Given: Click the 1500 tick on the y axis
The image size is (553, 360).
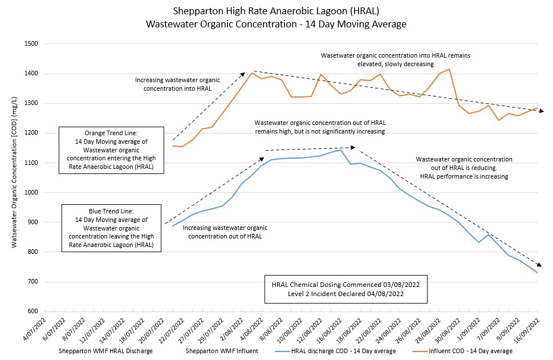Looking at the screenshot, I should click(x=30, y=44).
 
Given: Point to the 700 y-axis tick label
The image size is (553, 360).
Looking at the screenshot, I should click(x=32, y=282).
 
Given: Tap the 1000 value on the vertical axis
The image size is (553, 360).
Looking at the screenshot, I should click(x=30, y=193).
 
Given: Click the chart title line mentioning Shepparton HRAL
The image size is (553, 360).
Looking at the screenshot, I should click(x=276, y=11).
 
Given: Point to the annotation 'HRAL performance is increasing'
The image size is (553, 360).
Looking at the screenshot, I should click(x=463, y=177).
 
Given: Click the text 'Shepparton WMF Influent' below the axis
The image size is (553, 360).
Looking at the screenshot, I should click(x=222, y=351).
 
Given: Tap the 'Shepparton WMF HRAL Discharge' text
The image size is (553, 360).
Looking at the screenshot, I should click(x=106, y=351).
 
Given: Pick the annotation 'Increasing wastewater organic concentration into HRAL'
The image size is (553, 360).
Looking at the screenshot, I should click(x=173, y=84).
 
